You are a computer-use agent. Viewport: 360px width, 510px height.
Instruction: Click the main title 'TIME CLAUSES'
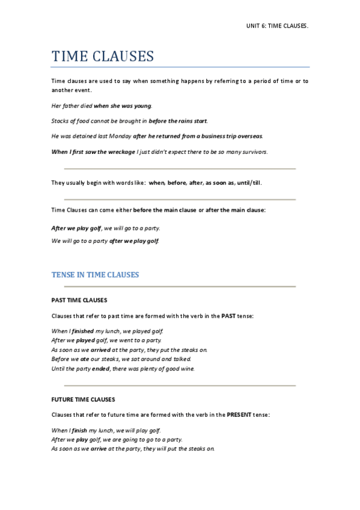103,57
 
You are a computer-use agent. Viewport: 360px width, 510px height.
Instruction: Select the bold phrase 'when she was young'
123,105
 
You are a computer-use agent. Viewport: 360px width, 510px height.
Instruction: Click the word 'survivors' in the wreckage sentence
254,152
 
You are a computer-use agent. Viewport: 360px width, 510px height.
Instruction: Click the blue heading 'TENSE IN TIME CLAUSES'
95,275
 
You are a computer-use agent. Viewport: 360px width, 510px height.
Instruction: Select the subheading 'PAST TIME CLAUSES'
79,300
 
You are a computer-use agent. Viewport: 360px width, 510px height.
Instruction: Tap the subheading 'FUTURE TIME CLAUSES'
83,399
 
